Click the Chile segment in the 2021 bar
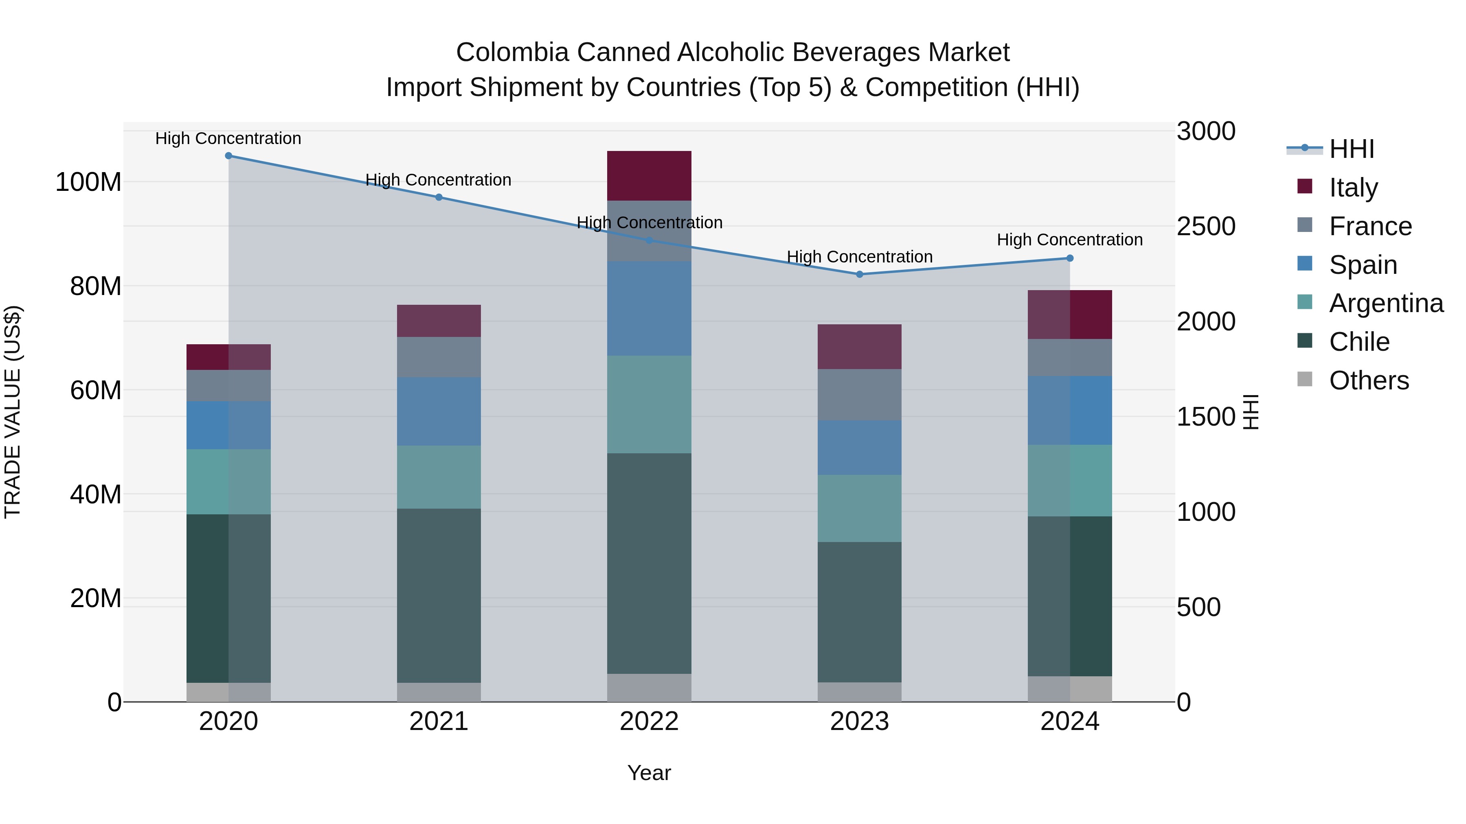tap(438, 595)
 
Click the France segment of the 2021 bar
tap(438, 357)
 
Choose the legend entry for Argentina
tap(1386, 303)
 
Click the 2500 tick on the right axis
tap(1206, 226)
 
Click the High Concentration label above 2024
tap(1069, 240)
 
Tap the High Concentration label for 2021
tap(438, 180)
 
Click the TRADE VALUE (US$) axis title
tap(13, 412)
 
